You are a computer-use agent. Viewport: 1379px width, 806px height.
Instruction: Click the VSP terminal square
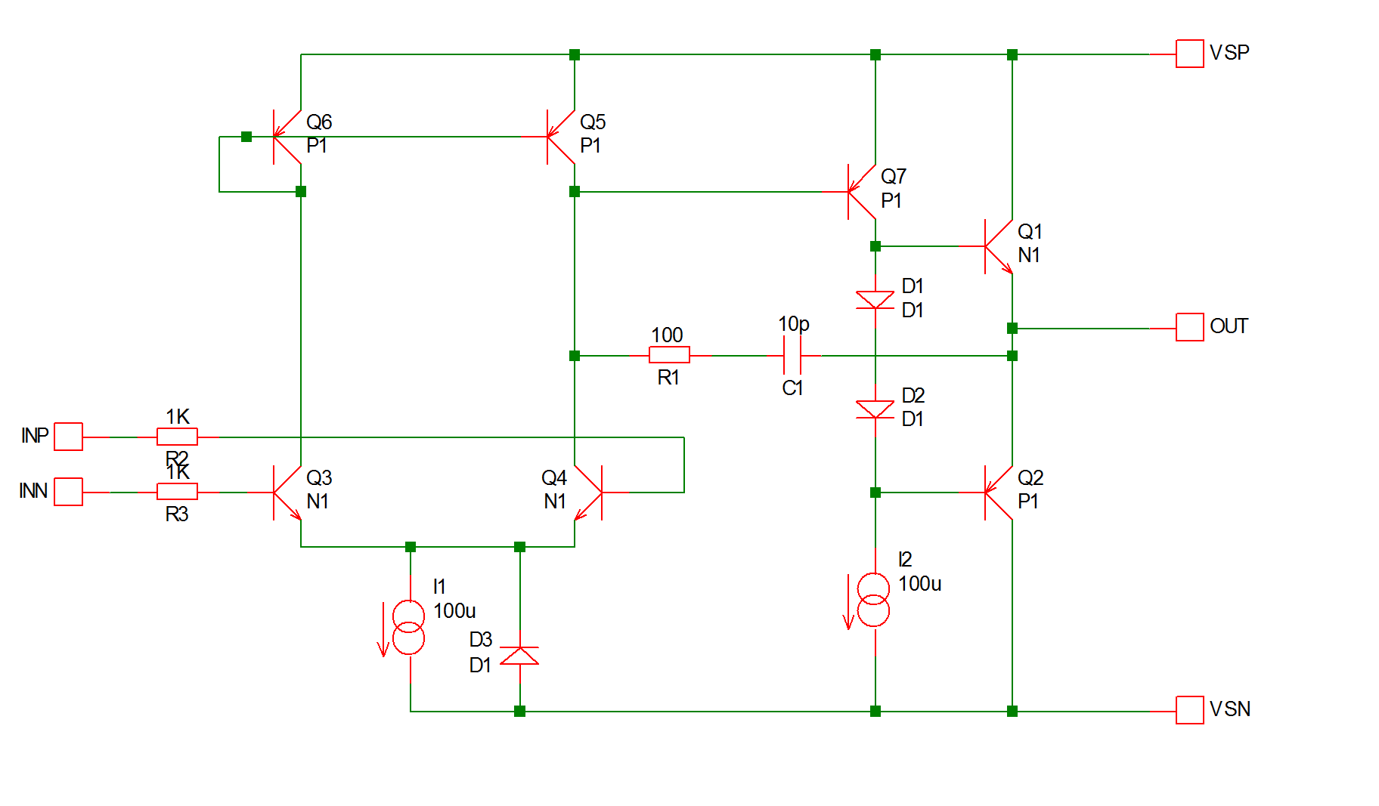point(1189,54)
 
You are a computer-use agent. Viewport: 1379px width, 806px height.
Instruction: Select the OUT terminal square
point(1189,328)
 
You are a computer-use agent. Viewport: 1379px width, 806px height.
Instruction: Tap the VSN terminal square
point(1189,710)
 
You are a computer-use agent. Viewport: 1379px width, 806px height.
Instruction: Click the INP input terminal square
point(69,437)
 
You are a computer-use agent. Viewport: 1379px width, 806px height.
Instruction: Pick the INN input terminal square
point(69,492)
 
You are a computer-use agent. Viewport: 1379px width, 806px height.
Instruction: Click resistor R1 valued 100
point(669,355)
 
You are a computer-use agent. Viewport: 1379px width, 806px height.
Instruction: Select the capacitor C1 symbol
point(792,355)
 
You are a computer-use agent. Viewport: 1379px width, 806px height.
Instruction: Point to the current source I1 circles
point(409,627)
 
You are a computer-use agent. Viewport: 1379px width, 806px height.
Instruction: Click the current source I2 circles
point(873,599)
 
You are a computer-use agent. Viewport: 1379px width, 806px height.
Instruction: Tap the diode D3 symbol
point(519,656)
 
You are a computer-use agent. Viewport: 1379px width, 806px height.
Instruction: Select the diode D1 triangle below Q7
point(875,300)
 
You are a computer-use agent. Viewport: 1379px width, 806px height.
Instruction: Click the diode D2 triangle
point(875,409)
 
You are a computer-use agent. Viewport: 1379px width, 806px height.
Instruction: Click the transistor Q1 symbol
point(997,246)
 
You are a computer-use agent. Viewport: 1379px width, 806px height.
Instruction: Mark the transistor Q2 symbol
point(997,493)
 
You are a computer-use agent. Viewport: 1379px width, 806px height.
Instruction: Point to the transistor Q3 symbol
point(287,493)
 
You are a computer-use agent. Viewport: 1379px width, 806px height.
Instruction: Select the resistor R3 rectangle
point(177,492)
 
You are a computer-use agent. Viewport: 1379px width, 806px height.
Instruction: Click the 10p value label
point(794,323)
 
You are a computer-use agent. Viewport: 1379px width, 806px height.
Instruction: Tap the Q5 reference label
point(593,122)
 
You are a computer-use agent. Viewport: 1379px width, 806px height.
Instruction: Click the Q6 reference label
point(319,122)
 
